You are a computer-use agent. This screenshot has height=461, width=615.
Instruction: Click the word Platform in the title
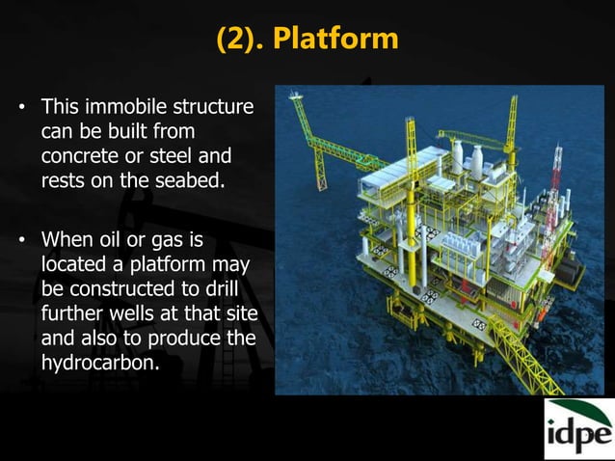coord(335,38)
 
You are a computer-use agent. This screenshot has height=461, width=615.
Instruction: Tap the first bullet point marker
coord(17,104)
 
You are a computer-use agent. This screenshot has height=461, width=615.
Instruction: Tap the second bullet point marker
coord(17,238)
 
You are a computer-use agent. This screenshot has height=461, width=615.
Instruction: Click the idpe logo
coord(577,430)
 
